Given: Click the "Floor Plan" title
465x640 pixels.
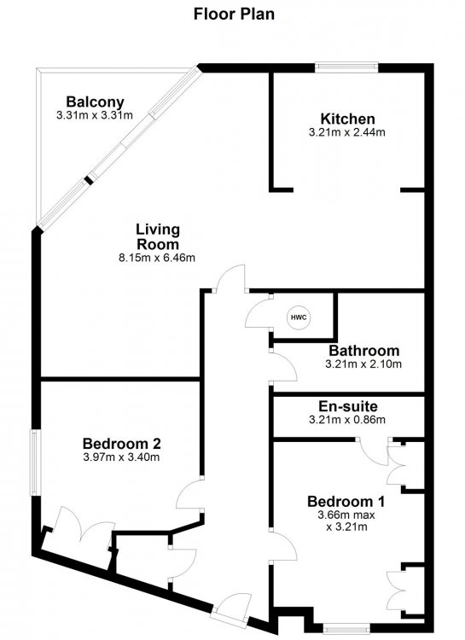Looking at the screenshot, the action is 234,15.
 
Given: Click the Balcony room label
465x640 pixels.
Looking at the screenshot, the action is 95,102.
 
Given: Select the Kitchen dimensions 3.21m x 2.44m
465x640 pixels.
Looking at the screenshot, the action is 347,132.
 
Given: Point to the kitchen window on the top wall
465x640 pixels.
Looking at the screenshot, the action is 346,67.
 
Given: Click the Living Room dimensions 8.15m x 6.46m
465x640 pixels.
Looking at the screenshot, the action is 157,258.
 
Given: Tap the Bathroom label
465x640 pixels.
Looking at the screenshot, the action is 364,350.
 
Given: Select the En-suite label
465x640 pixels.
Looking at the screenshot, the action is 348,406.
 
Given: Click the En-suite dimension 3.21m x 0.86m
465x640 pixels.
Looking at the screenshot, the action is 347,420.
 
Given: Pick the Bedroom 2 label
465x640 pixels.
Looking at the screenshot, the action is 122,443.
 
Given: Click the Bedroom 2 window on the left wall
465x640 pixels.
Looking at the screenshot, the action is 34,463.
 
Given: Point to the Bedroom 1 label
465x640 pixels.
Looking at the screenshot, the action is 346,501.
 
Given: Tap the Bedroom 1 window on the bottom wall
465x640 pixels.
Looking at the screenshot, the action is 346,628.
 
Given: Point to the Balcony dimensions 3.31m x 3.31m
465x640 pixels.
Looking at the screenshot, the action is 95,115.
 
